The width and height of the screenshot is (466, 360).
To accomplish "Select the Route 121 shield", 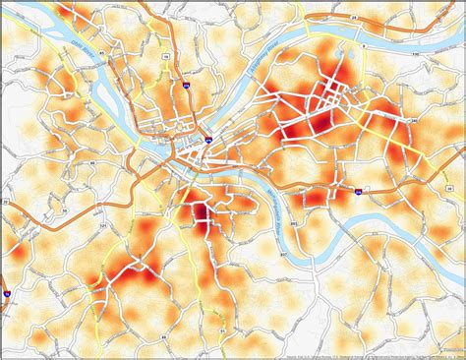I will point(102,227).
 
